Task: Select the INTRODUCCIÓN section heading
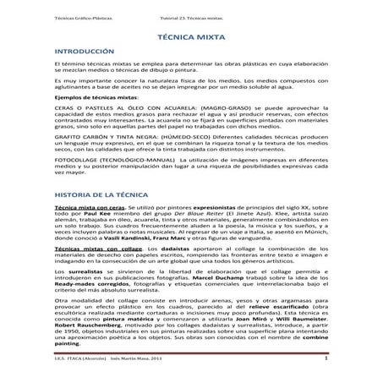point(82,53)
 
